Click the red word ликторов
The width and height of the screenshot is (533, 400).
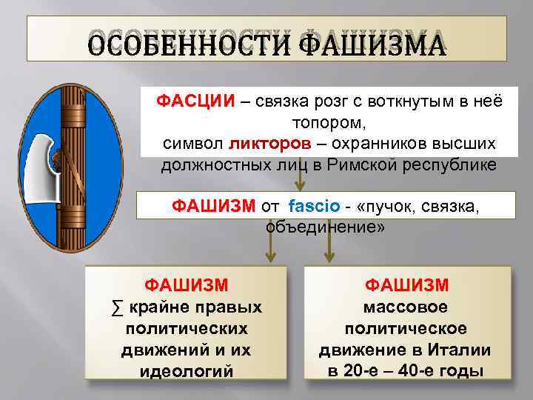(x=264, y=144)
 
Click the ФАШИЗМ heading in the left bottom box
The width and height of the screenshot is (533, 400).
(x=186, y=285)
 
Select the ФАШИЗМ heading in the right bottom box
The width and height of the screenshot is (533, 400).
(x=406, y=285)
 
